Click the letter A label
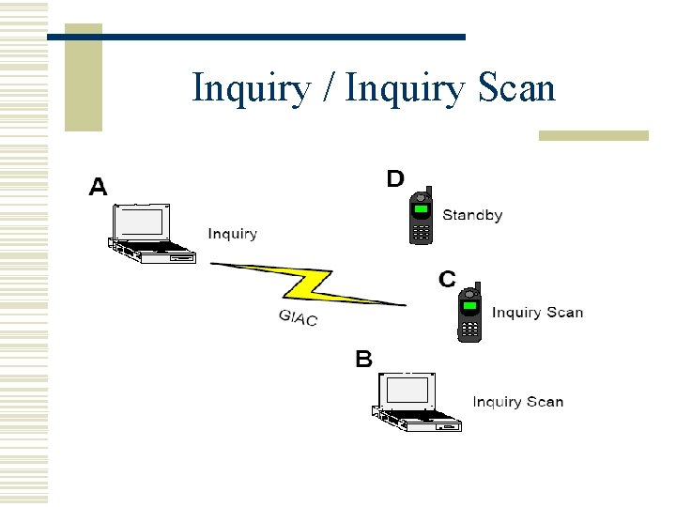tap(98, 187)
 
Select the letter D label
tap(395, 178)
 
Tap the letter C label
tap(447, 279)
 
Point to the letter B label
tap(363, 359)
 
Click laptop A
tap(150, 234)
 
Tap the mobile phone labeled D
tap(422, 217)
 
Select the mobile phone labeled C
tap(469, 315)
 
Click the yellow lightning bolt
tap(309, 284)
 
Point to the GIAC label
tap(299, 317)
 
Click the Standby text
tap(472, 215)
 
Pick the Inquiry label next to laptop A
tap(232, 234)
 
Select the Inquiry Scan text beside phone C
tap(537, 313)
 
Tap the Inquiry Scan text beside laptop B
tap(518, 402)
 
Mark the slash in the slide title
tap(330, 89)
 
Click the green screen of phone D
tap(421, 207)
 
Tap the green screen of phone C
tap(469, 305)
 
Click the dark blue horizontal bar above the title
tap(255, 37)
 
